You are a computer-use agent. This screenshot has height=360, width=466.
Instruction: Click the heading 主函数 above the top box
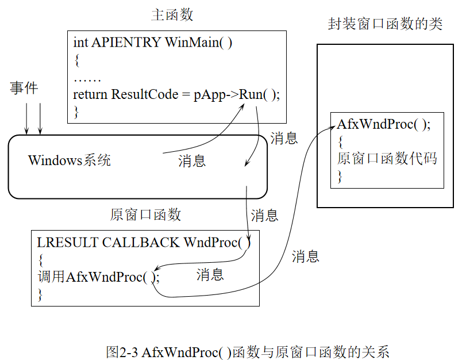click(x=172, y=15)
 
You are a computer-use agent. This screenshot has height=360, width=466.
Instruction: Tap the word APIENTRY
click(x=126, y=43)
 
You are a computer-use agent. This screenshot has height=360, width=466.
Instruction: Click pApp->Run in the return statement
click(x=224, y=94)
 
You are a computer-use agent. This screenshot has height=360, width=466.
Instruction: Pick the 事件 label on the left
click(x=25, y=87)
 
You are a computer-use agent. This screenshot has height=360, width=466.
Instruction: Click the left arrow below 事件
click(x=26, y=118)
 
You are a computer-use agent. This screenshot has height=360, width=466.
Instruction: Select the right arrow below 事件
click(x=40, y=118)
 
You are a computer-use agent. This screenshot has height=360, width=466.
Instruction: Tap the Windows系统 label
click(x=70, y=160)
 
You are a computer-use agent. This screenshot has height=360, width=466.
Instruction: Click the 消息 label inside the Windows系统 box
click(x=191, y=162)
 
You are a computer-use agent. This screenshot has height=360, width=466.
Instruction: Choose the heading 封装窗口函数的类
click(x=385, y=24)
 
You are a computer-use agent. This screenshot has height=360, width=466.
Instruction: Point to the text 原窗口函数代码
click(x=387, y=159)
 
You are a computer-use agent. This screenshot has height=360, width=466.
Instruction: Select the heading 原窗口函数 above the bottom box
click(x=145, y=215)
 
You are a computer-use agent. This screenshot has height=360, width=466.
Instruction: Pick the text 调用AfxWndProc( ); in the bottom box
click(x=98, y=277)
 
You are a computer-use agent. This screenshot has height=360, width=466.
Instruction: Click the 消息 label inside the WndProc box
click(x=210, y=275)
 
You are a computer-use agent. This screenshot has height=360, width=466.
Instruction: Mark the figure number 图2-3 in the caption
click(x=122, y=351)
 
